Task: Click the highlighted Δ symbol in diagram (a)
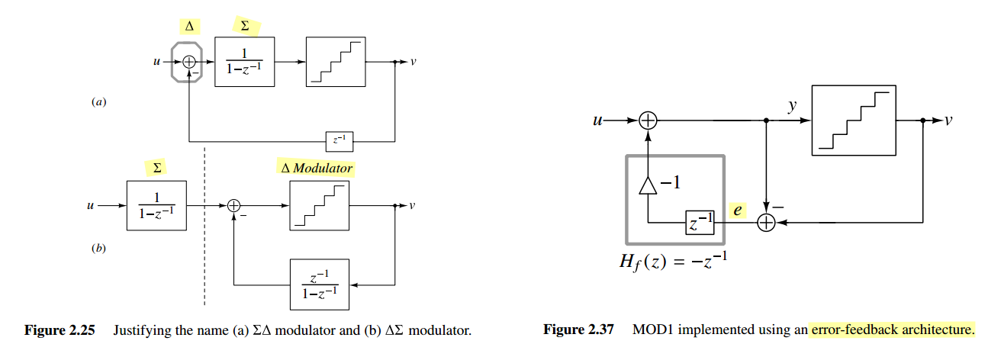189,27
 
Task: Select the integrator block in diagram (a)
244,62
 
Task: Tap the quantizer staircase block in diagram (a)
335,62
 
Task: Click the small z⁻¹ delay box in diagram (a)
339,141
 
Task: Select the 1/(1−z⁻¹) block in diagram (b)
156,205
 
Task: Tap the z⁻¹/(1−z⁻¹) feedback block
319,284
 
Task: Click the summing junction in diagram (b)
234,205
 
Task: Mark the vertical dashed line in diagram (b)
204,229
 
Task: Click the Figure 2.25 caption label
60,330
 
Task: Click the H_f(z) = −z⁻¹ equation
674,262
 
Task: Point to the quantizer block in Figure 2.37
854,121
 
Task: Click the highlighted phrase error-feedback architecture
893,330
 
